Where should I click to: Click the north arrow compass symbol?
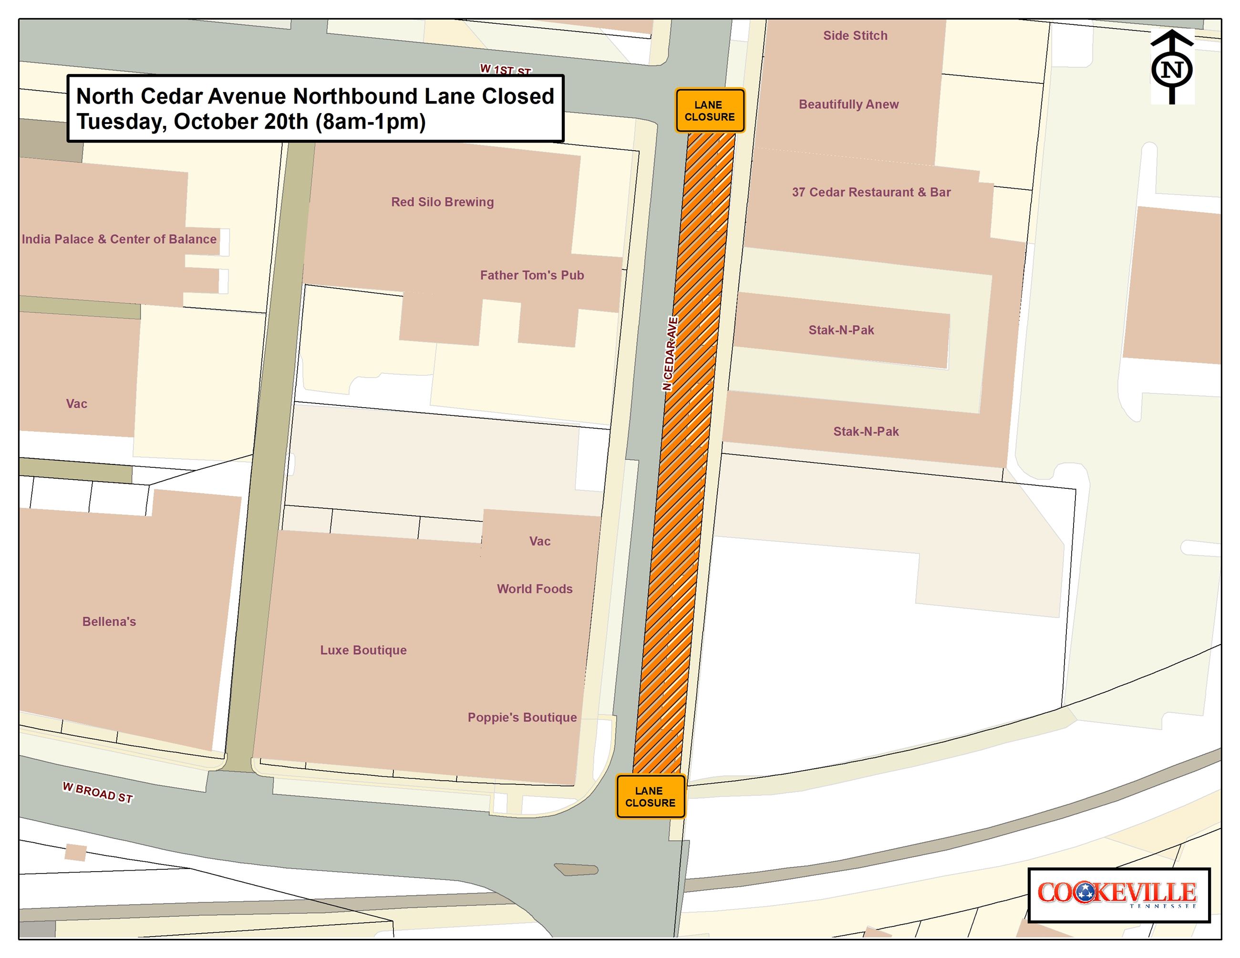(x=1172, y=68)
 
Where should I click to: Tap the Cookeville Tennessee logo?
(x=1118, y=895)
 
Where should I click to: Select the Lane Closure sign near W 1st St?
(x=709, y=111)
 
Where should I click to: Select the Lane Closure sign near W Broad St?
(x=650, y=796)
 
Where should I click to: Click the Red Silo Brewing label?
(x=442, y=202)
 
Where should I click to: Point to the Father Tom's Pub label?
(x=531, y=275)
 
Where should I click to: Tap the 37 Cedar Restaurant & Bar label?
(x=870, y=192)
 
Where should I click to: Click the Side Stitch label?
(x=855, y=36)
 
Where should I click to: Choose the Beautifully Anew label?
(x=848, y=104)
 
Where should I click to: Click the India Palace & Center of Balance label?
(x=119, y=239)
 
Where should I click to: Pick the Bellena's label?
(x=109, y=621)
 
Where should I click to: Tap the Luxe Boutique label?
(x=363, y=650)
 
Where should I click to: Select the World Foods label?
(x=534, y=588)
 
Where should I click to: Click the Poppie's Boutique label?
(x=522, y=717)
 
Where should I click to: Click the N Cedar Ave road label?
(x=670, y=353)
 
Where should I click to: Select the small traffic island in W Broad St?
(x=576, y=869)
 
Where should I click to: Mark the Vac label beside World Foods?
(x=539, y=541)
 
